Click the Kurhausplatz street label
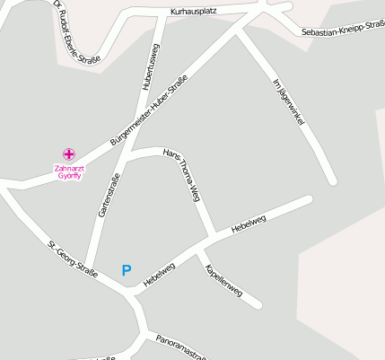pyautogui.click(x=196, y=13)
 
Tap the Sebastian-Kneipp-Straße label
pyautogui.click(x=343, y=29)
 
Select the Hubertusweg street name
pyautogui.click(x=152, y=66)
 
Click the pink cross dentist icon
pyautogui.click(x=68, y=154)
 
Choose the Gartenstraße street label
pyautogui.click(x=109, y=195)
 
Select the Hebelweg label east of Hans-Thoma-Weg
pyautogui.click(x=249, y=224)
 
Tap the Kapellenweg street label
pyautogui.click(x=223, y=280)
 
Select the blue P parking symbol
pyautogui.click(x=127, y=269)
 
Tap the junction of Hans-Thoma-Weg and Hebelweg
pyautogui.click(x=212, y=239)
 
